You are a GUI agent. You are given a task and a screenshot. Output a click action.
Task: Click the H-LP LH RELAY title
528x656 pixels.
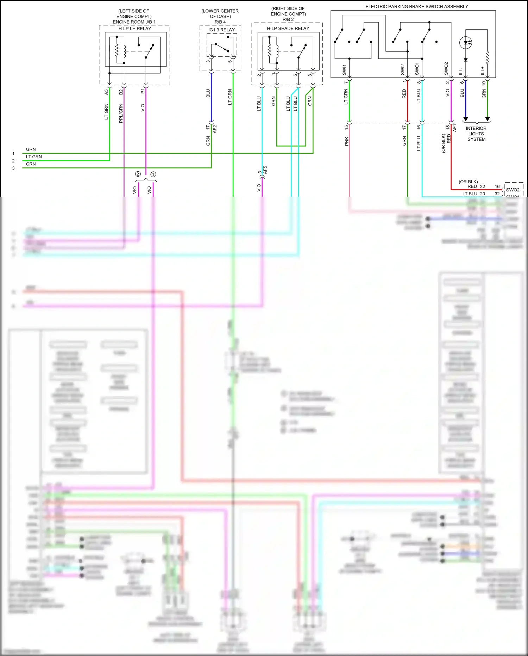click(x=134, y=29)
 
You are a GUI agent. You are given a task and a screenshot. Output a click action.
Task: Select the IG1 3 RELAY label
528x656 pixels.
click(x=221, y=30)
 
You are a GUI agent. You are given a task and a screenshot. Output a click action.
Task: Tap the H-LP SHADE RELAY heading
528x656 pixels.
click(x=288, y=29)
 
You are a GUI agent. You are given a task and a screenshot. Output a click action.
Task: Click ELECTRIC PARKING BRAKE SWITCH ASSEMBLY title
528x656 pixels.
click(x=416, y=7)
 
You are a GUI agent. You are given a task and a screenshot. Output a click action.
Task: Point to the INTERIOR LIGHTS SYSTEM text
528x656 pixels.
click(x=476, y=134)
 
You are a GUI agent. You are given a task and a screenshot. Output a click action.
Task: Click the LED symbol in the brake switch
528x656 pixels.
click(x=466, y=43)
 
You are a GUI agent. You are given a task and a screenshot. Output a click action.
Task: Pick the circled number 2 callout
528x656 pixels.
click(x=138, y=174)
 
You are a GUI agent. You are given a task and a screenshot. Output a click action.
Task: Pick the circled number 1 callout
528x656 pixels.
click(x=153, y=174)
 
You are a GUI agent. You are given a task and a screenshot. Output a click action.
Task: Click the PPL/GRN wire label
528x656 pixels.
click(x=121, y=113)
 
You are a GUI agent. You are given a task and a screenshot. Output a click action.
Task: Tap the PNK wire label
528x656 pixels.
click(x=346, y=141)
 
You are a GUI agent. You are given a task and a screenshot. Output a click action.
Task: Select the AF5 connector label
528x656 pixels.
click(x=265, y=170)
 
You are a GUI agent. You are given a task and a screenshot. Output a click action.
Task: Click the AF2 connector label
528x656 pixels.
click(x=215, y=129)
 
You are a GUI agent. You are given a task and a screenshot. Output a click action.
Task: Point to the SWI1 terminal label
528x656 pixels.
click(x=344, y=69)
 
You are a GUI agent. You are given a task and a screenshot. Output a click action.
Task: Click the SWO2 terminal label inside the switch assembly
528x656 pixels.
click(x=446, y=69)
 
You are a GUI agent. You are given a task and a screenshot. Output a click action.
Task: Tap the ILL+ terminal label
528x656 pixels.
click(x=483, y=70)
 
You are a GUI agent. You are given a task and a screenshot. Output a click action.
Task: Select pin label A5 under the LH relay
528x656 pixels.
click(x=106, y=92)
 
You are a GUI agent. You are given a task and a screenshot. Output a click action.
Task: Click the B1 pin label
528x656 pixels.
click(x=143, y=91)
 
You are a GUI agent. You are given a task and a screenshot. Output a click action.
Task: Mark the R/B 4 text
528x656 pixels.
click(x=220, y=22)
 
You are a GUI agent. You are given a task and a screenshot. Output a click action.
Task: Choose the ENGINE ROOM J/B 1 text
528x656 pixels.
click(x=134, y=22)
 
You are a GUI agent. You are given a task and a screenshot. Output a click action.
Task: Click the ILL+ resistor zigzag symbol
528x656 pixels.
click(x=488, y=57)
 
